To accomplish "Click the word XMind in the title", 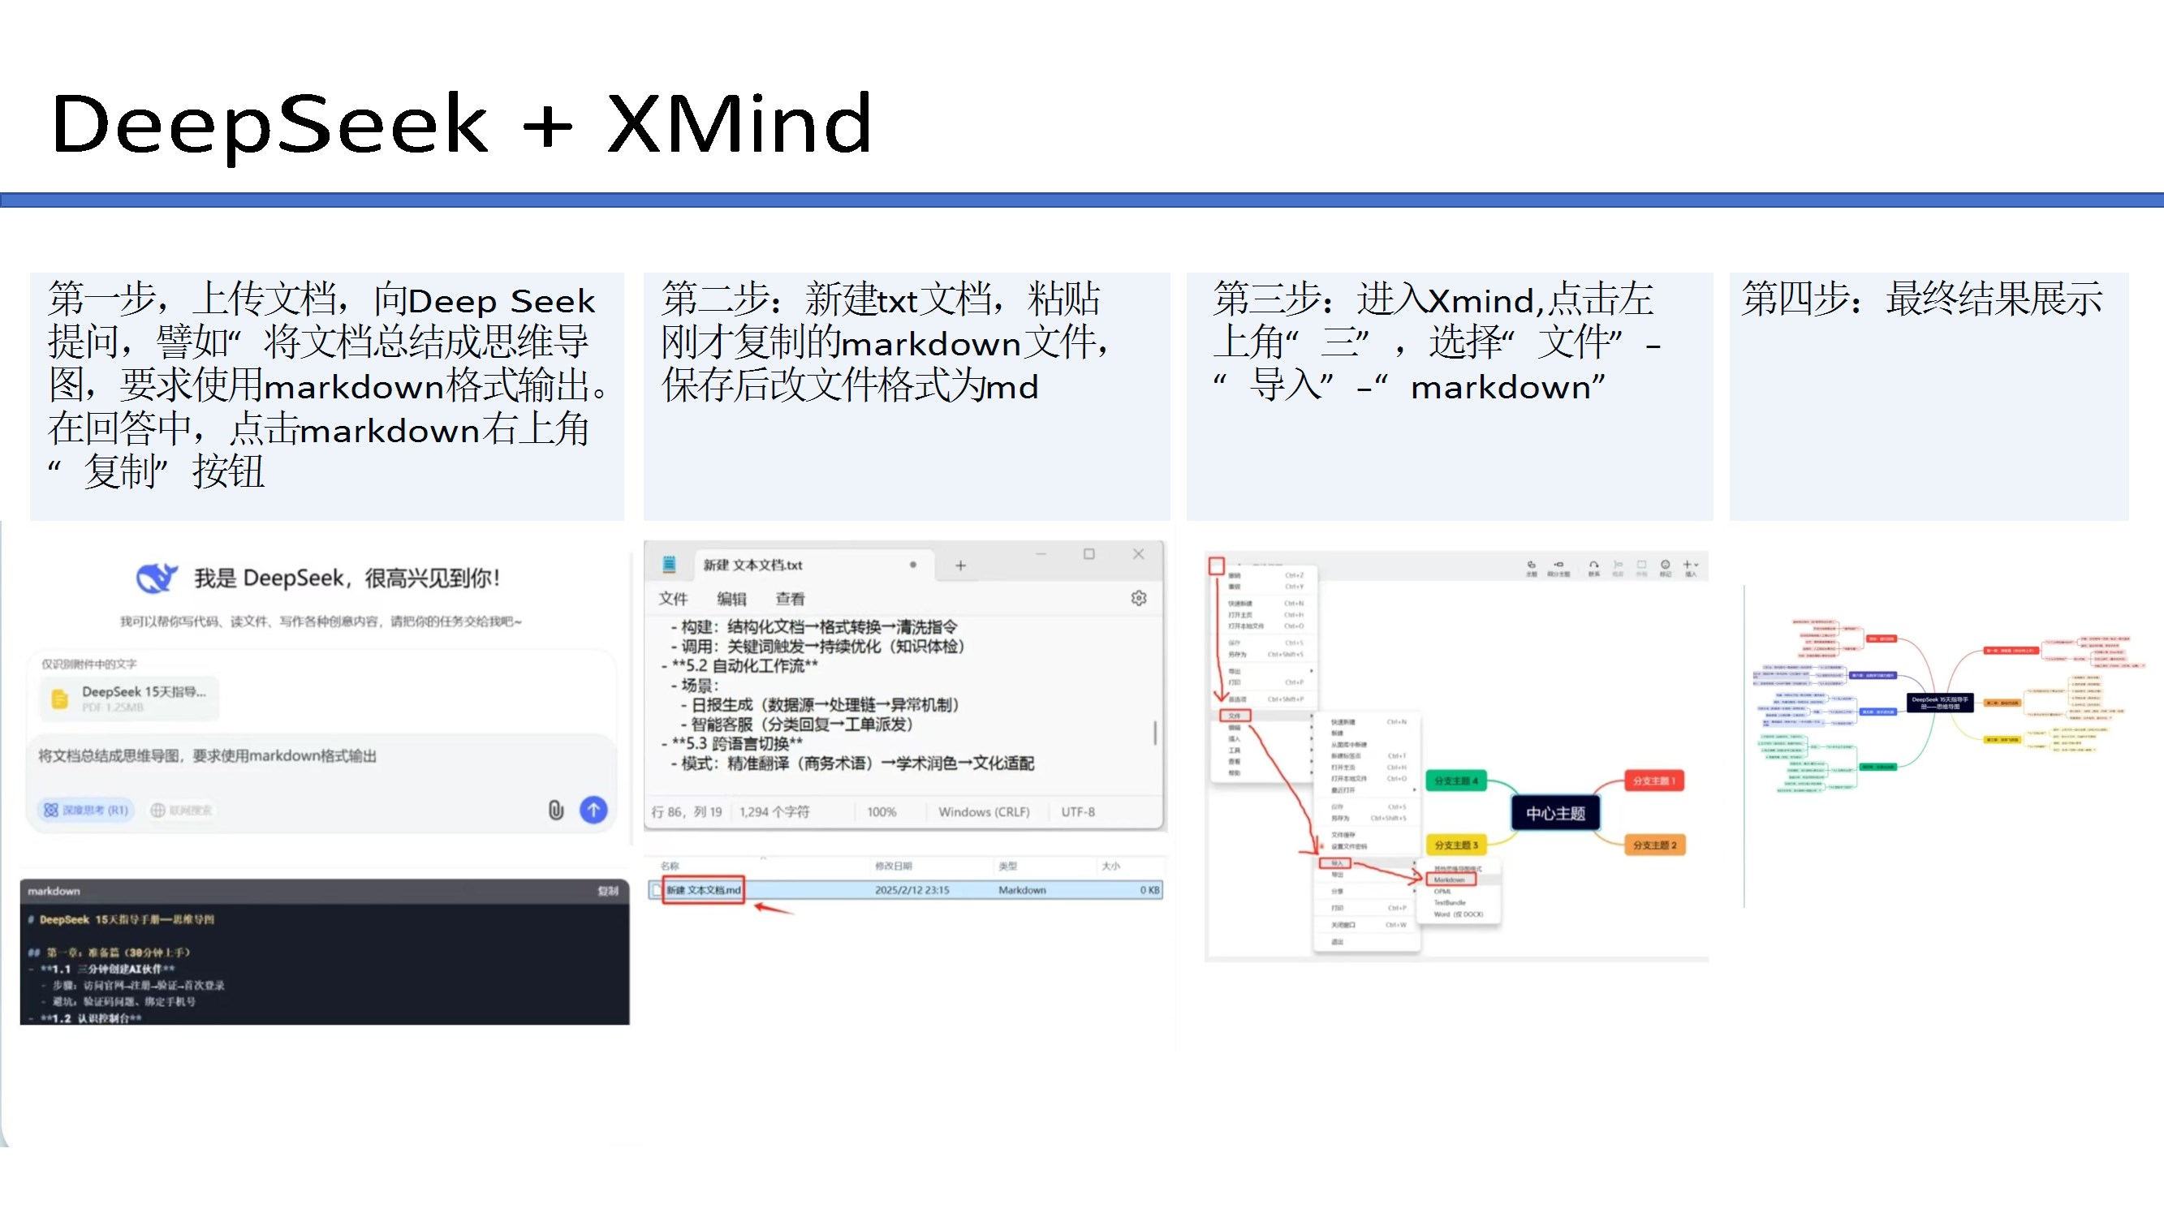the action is click(x=739, y=124).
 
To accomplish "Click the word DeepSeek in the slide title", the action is click(x=269, y=124).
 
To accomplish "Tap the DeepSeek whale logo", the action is click(x=156, y=578).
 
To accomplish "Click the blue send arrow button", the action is click(x=593, y=810).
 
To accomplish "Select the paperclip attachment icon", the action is click(x=555, y=810).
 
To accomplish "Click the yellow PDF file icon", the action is click(x=59, y=699).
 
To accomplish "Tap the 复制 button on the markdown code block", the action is click(x=607, y=891).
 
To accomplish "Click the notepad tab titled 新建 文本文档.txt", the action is click(x=752, y=565).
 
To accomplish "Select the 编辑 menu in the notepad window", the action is click(x=731, y=599).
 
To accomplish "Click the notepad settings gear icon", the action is click(x=1138, y=598).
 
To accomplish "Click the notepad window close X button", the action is click(x=1138, y=554).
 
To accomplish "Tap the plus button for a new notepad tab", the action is click(x=960, y=566).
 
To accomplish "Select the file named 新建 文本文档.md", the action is click(x=704, y=890).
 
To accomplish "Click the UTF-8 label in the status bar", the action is click(x=1077, y=812).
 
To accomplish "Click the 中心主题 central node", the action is click(x=1555, y=813).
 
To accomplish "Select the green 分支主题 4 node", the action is click(x=1456, y=781).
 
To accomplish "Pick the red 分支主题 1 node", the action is click(x=1653, y=781).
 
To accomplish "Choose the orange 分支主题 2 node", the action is click(x=1653, y=845).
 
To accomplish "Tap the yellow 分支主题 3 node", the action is click(x=1456, y=845).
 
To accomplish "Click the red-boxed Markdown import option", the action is click(x=1450, y=879).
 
